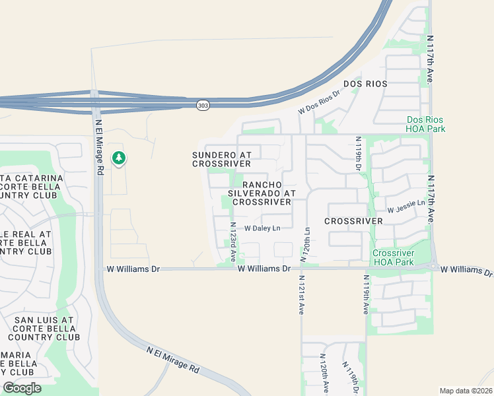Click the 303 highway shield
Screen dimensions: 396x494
pyautogui.click(x=203, y=106)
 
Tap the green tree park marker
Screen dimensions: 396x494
pyautogui.click(x=119, y=158)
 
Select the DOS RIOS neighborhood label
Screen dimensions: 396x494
pyautogui.click(x=365, y=84)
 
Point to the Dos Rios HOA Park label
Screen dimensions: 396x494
pyautogui.click(x=425, y=124)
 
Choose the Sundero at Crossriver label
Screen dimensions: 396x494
pyautogui.click(x=221, y=158)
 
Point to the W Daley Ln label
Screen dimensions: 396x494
pyautogui.click(x=262, y=228)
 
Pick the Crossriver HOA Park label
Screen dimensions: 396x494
pyautogui.click(x=393, y=257)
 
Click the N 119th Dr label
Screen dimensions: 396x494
pyautogui.click(x=359, y=153)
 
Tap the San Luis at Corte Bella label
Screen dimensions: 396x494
pyautogui.click(x=46, y=328)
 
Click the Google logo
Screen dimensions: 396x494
pyautogui.click(x=22, y=388)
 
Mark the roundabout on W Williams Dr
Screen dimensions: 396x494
pyautogui.click(x=434, y=267)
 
